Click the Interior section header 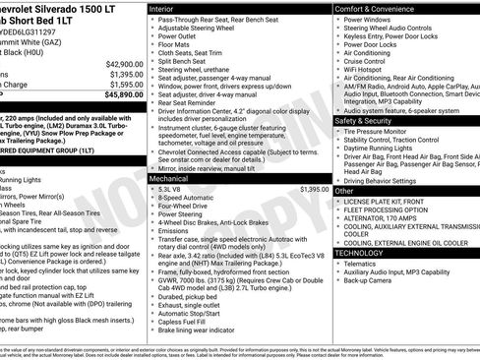click(x=162, y=8)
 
